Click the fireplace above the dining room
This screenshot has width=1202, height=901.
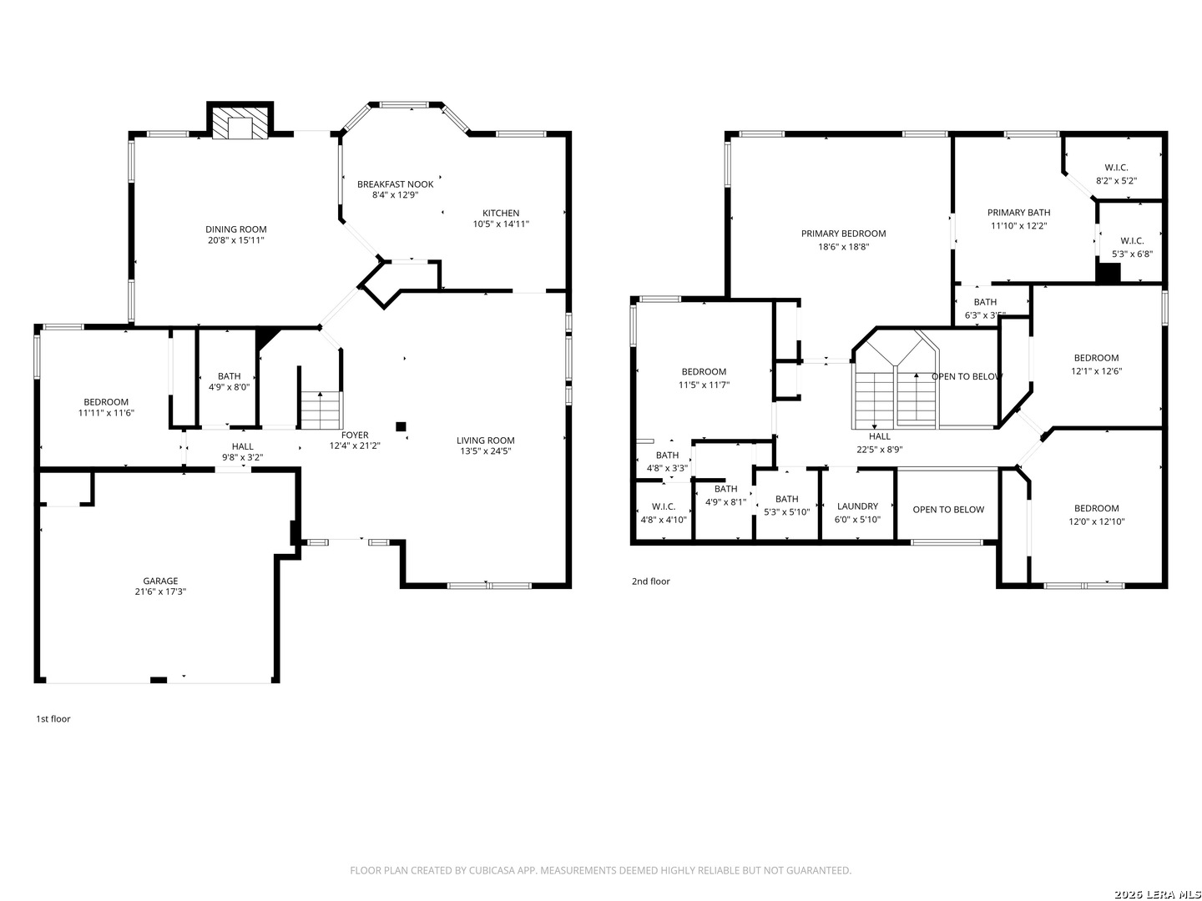(240, 119)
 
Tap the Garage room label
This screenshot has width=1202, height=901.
(160, 581)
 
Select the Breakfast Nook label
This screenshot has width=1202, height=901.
(395, 184)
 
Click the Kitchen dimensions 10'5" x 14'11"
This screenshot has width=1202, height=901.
(501, 224)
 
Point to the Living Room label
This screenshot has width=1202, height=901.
(485, 440)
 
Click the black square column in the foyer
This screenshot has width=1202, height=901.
(401, 426)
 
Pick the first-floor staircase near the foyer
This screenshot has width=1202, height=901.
(321, 410)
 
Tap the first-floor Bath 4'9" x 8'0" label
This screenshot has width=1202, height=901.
(229, 381)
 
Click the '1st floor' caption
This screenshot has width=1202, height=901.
(53, 719)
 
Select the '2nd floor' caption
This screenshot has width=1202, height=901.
(650, 581)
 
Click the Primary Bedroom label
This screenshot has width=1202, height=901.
(843, 234)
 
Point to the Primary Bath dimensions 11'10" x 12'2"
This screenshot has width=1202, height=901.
(1018, 225)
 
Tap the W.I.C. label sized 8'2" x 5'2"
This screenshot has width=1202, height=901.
(1116, 174)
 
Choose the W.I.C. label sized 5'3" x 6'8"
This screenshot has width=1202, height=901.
(1131, 247)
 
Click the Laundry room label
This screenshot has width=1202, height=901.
(857, 506)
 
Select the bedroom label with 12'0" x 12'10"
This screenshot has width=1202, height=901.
(1096, 515)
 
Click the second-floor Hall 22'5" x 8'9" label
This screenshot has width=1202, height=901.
(879, 443)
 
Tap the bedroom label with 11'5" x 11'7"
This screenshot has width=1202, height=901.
(704, 378)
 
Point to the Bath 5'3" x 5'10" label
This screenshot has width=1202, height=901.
(786, 506)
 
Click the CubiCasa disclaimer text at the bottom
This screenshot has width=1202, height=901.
(601, 870)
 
